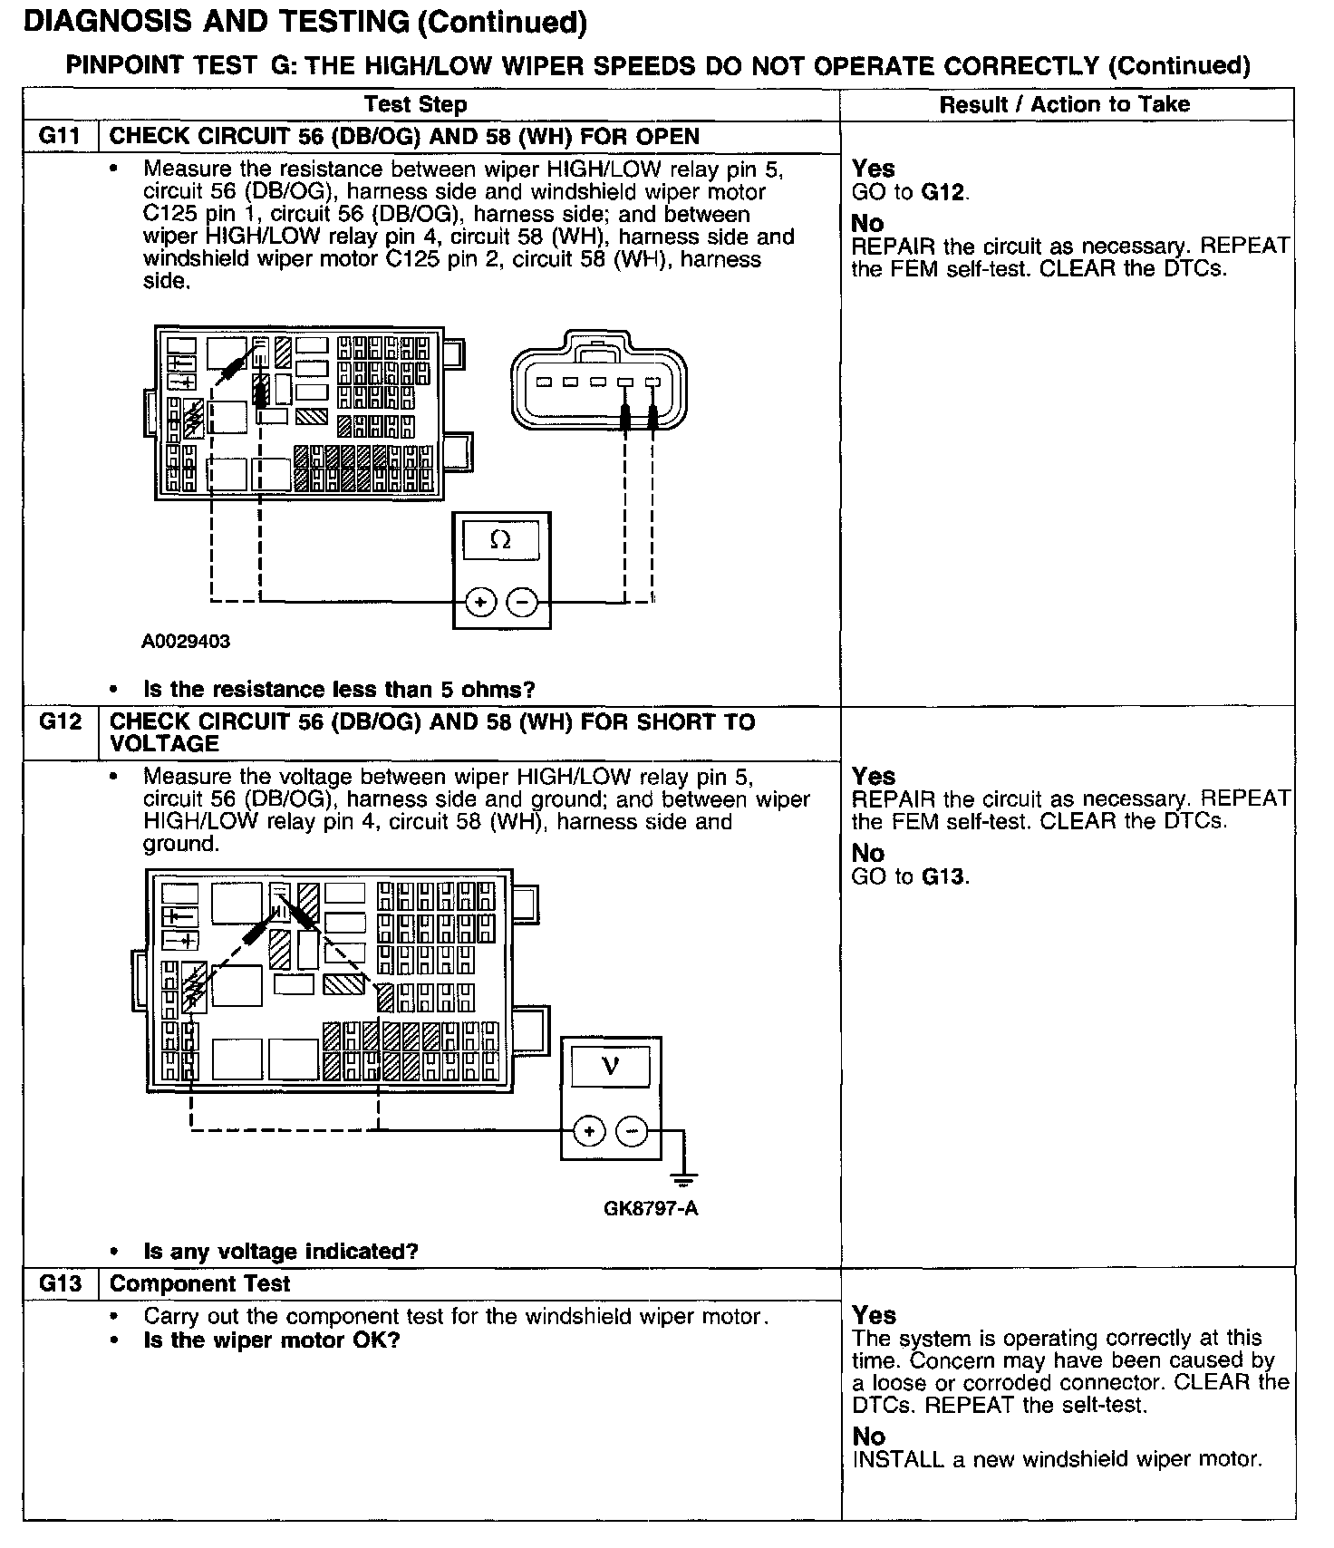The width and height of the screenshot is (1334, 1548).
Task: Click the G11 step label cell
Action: click(60, 137)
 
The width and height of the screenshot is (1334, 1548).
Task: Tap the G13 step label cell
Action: click(60, 1283)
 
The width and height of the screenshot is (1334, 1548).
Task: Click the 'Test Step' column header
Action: click(415, 104)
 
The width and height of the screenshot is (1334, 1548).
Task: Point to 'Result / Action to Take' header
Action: click(1064, 104)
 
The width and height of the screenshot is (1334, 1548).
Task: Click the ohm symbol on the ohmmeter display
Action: click(499, 540)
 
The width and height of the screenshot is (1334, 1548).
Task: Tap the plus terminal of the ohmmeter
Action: click(480, 602)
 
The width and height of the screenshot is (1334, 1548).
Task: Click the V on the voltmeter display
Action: click(611, 1065)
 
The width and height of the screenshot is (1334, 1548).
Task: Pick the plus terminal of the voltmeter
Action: click(589, 1130)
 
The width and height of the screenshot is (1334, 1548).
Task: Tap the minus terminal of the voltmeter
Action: click(632, 1130)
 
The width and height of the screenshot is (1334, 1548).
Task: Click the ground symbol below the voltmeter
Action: click(683, 1179)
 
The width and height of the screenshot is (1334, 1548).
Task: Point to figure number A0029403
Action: click(186, 642)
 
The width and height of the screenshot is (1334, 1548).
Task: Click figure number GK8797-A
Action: click(651, 1208)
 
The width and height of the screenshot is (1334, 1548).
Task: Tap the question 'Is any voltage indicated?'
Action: click(281, 1252)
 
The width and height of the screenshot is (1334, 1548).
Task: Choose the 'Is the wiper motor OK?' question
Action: click(272, 1340)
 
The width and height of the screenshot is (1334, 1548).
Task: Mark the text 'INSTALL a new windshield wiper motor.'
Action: click(1056, 1459)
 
